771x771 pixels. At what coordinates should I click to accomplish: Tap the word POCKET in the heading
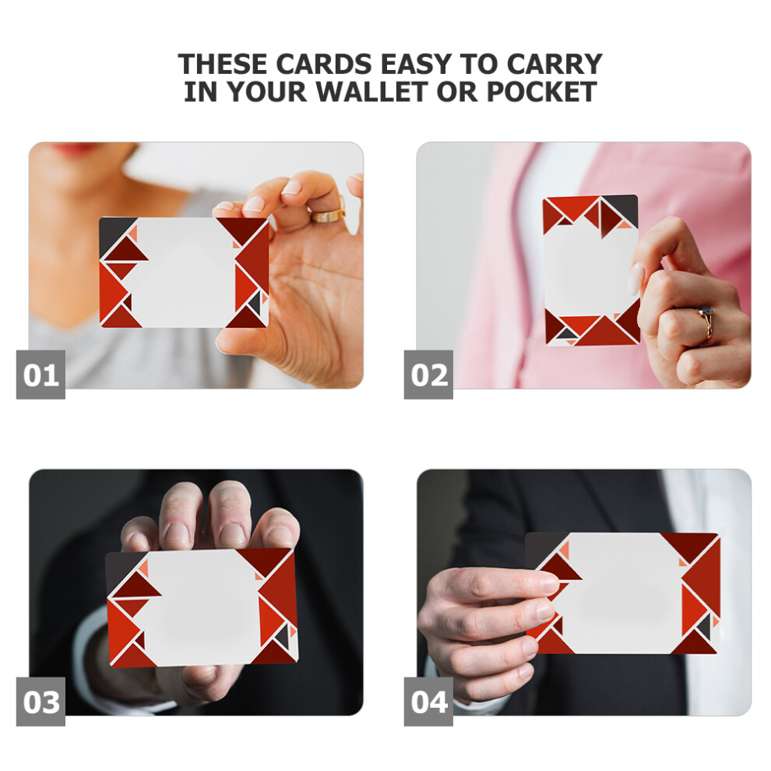coord(541,91)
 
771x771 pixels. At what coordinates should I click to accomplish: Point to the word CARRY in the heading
coord(554,64)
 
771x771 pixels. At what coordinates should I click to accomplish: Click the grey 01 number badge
coord(40,374)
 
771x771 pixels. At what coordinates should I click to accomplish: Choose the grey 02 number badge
coord(428,374)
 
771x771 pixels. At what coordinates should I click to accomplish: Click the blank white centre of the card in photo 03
coord(199,607)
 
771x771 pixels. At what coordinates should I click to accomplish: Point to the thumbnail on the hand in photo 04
coord(549,583)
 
